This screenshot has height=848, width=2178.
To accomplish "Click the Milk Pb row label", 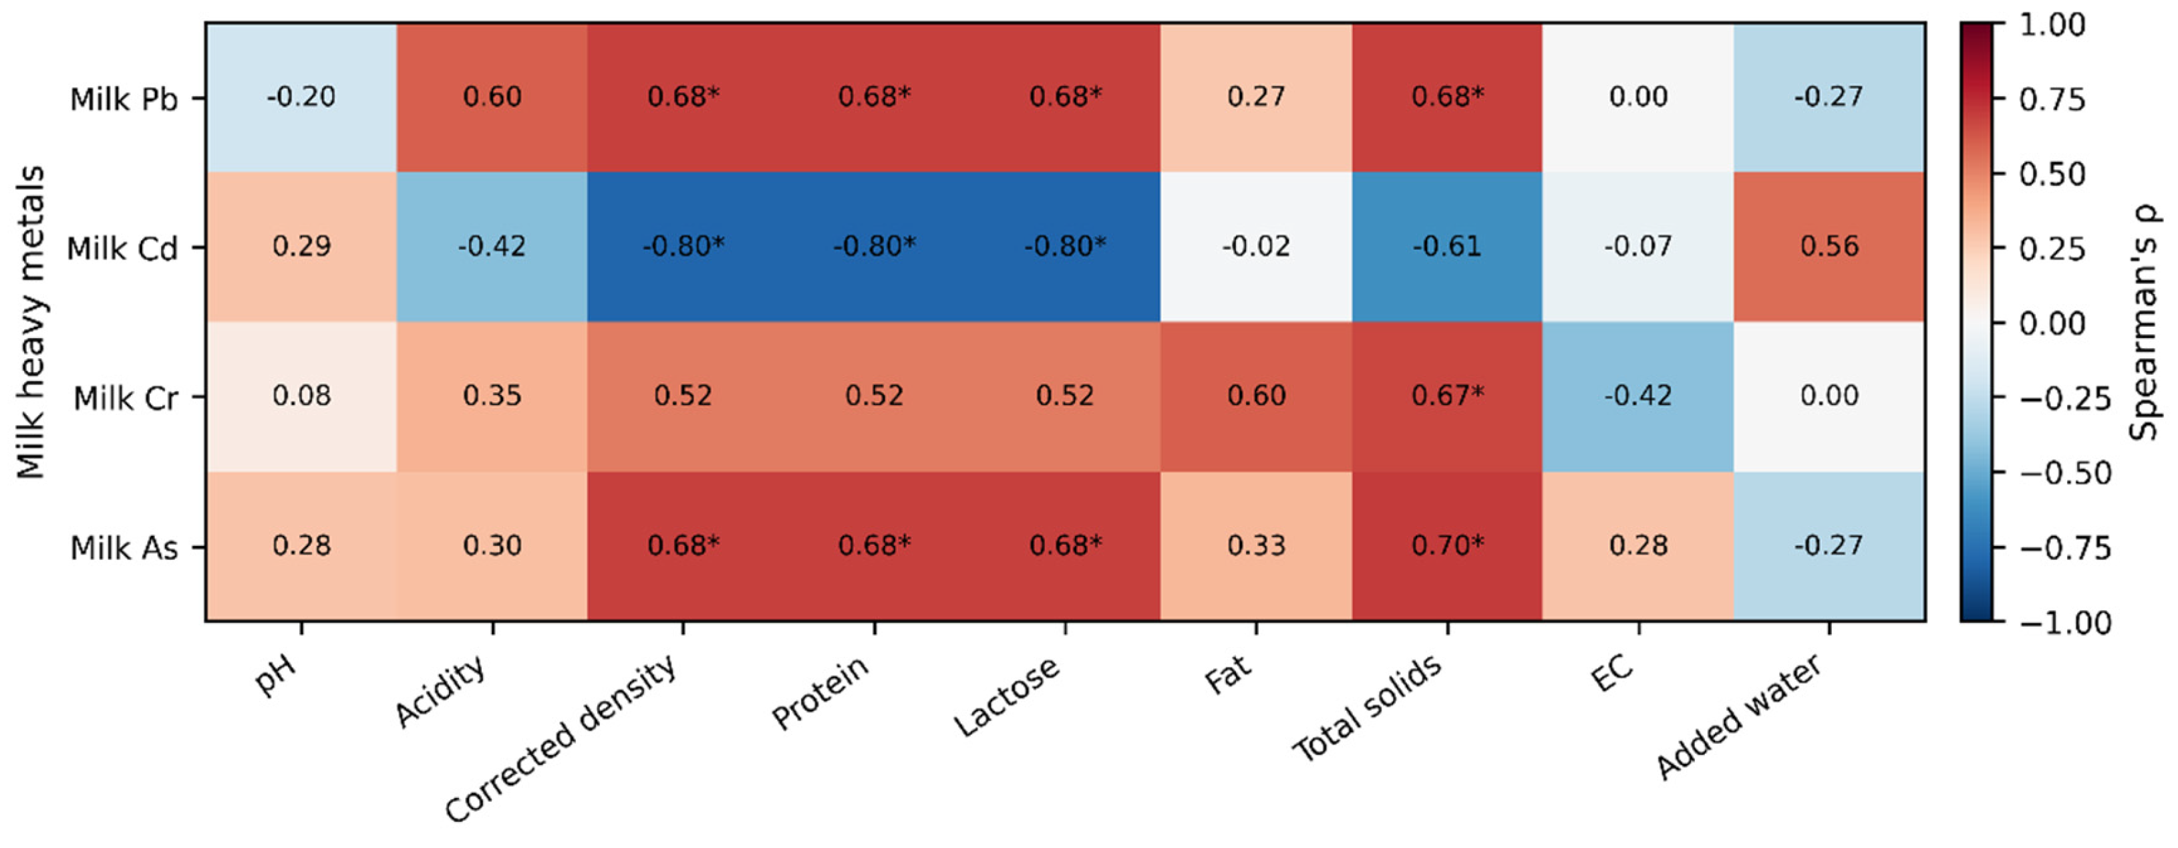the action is [124, 99].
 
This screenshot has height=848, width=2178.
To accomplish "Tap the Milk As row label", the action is [124, 548].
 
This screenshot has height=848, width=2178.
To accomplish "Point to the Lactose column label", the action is [1006, 695].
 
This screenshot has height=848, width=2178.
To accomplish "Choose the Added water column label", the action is [1738, 716].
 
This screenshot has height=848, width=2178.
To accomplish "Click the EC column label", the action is [1611, 674].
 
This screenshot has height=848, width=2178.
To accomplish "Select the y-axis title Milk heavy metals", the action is [31, 322].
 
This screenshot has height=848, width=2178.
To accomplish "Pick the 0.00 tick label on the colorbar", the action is [2052, 323].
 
